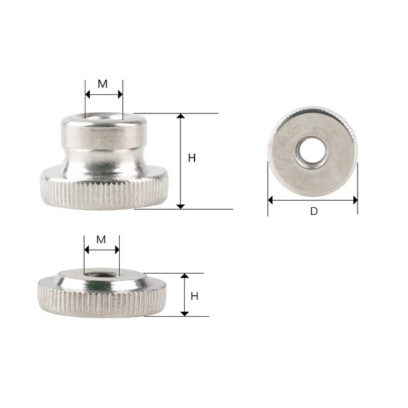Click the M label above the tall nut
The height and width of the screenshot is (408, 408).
pos(103,83)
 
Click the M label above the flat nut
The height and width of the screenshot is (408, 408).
pos(101,239)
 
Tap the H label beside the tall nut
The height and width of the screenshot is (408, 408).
pos(192,158)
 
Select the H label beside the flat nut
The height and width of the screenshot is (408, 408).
pos(194,296)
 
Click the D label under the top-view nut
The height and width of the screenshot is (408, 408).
pos(313,211)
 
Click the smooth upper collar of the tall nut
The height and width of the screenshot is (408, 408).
pos(104,134)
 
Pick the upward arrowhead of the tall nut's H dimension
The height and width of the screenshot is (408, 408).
pos(180,117)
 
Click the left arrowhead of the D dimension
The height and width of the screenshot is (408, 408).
pos(271,200)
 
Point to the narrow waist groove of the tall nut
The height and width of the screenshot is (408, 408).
pos(104,156)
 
